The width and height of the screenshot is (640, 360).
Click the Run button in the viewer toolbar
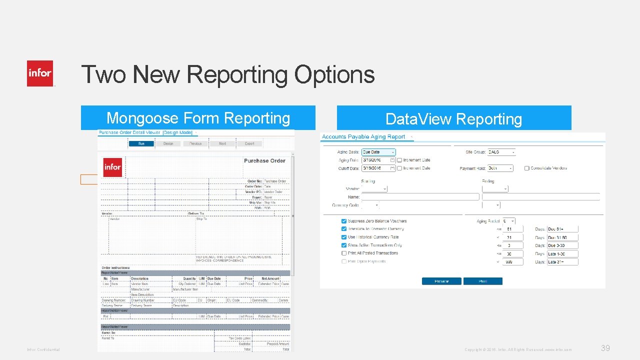141,143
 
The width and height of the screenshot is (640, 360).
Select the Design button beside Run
168,143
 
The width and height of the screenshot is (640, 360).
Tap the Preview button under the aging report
441,281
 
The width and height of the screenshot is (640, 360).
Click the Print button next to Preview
482,281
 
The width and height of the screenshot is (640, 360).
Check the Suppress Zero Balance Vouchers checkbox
344,221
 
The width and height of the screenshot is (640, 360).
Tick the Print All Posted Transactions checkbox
344,253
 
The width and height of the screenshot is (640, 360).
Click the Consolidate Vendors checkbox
527,168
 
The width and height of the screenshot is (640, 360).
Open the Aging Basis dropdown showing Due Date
378,152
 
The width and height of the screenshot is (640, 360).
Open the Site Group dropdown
501,152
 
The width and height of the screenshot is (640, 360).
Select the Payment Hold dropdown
500,168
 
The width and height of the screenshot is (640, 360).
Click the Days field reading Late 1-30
562,254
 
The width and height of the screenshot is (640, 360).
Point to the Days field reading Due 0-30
562,245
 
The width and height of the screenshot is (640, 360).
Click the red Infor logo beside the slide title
40,73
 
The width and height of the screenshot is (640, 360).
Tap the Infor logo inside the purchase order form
112,167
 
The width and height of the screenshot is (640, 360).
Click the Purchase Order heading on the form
264,161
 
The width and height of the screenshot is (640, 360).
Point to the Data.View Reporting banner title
453,119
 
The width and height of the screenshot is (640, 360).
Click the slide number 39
605,348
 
